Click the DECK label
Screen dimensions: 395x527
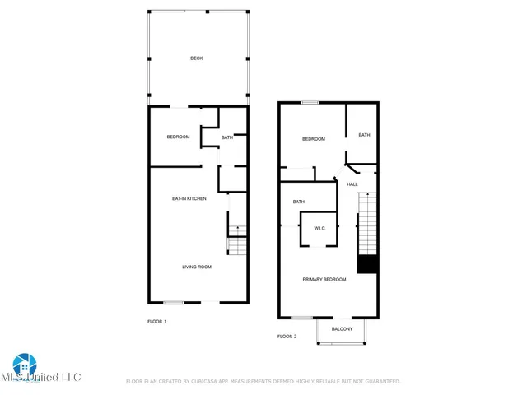click(196, 58)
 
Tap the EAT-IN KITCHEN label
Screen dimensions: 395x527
click(189, 198)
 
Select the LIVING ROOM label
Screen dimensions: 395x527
click(197, 267)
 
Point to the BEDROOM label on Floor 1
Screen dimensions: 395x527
click(178, 137)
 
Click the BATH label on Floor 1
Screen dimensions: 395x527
click(226, 137)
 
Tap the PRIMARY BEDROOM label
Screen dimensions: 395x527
click(324, 280)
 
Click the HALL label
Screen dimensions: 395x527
click(352, 184)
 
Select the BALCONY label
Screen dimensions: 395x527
click(342, 329)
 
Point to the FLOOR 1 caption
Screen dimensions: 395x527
click(156, 321)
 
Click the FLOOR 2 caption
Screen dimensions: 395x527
click(287, 336)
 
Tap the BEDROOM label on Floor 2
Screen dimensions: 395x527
click(314, 139)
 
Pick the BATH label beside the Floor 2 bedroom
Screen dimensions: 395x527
click(363, 135)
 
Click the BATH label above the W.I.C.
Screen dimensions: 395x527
click(299, 202)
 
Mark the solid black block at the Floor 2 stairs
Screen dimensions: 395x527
click(366, 264)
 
